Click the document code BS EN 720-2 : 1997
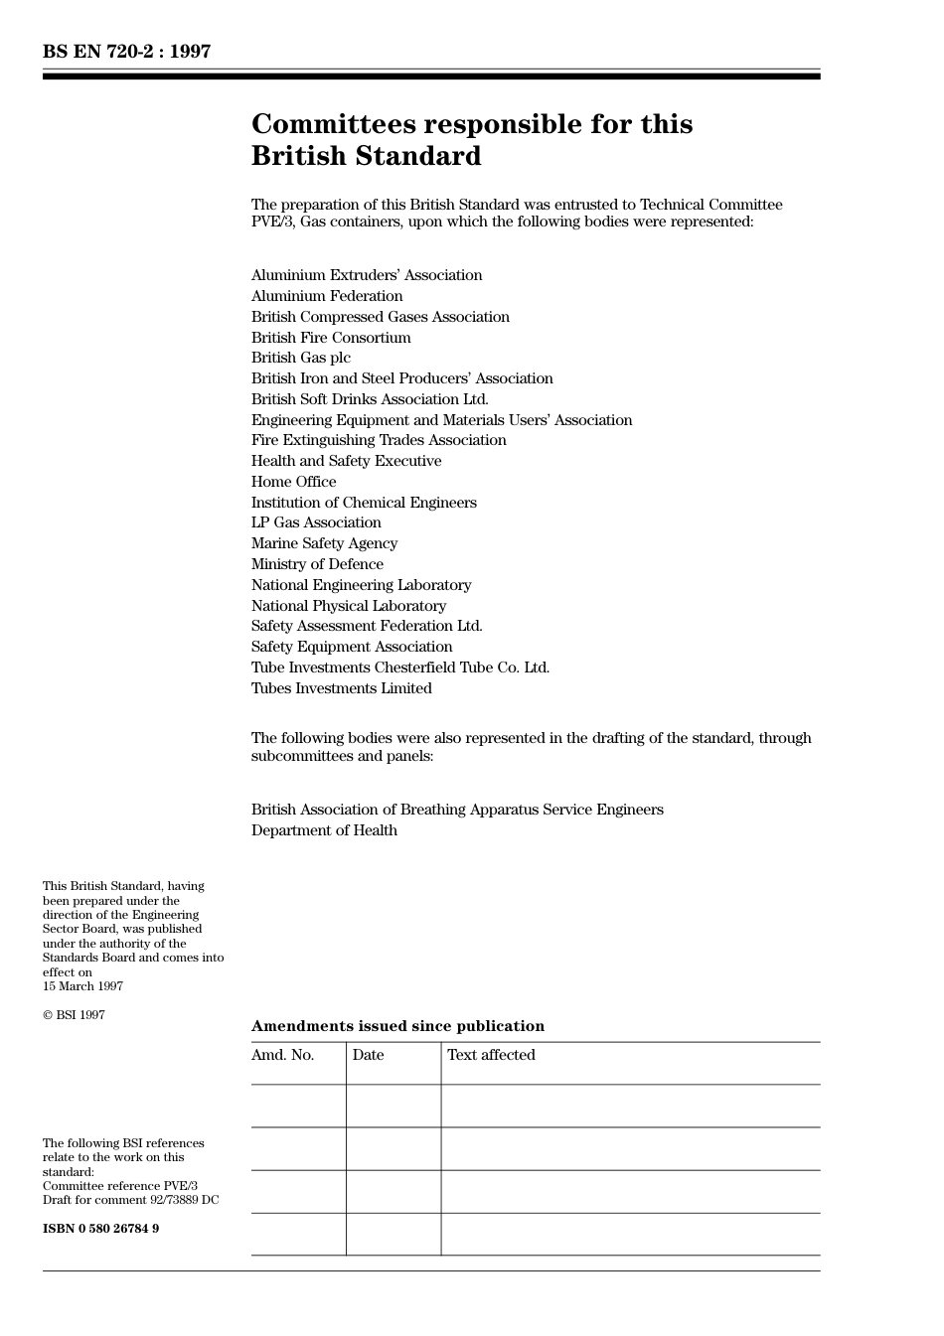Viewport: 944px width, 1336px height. pos(126,52)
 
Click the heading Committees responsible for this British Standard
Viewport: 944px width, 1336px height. pos(471,140)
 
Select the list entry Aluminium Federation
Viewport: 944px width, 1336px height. pos(327,296)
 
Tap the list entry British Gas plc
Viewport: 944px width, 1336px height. pos(300,358)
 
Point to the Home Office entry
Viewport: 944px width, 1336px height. pos(293,482)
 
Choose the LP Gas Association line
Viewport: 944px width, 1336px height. pos(316,522)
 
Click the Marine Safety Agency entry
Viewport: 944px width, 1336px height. pos(324,543)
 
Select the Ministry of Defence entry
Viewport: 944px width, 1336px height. pos(317,564)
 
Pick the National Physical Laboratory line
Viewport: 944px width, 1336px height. pos(348,606)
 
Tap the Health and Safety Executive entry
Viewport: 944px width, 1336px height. pos(346,461)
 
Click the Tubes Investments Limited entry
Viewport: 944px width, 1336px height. pos(341,688)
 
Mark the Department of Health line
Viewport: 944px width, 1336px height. pos(324,830)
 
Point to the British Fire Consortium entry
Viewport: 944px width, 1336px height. pos(331,338)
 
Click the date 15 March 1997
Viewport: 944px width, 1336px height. pos(82,986)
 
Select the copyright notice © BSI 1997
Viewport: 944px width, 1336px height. pos(74,1015)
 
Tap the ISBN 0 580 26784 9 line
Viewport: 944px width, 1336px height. pos(100,1229)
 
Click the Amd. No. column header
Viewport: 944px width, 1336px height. pos(282,1055)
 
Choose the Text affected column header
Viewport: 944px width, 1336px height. pos(491,1055)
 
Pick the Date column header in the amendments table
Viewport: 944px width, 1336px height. pos(368,1055)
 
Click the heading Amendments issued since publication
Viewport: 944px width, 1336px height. pos(397,1026)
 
